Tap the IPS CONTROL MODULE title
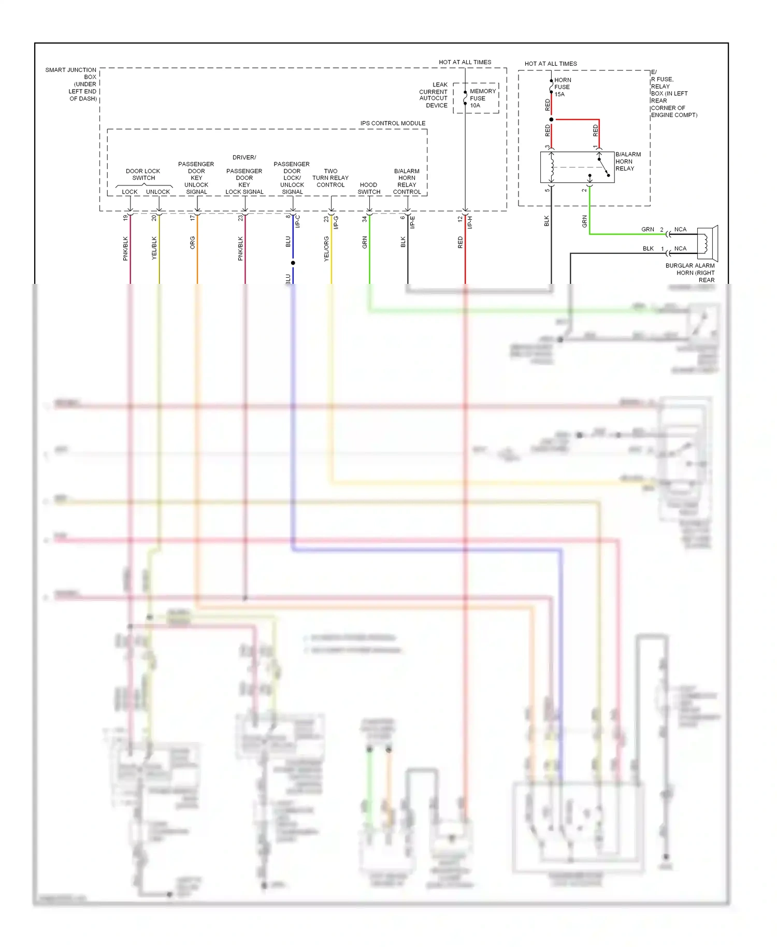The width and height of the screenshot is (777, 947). pyautogui.click(x=393, y=123)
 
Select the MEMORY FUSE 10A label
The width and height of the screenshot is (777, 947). pyautogui.click(x=482, y=98)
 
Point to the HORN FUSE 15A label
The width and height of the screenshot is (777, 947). pyautogui.click(x=563, y=87)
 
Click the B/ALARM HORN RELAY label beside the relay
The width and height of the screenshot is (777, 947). pyautogui.click(x=628, y=161)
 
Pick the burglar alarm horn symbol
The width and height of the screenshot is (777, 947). pyautogui.click(x=707, y=243)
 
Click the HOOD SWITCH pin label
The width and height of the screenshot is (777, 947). pyautogui.click(x=369, y=188)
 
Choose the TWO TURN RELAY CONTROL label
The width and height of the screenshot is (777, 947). pyautogui.click(x=330, y=178)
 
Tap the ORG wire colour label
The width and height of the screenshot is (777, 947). pyautogui.click(x=193, y=242)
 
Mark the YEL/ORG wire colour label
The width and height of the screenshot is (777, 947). pyautogui.click(x=326, y=249)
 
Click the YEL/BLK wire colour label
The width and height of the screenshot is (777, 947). pyautogui.click(x=154, y=248)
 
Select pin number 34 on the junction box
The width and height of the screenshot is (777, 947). pyautogui.click(x=365, y=219)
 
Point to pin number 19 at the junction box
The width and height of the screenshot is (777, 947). pyautogui.click(x=125, y=218)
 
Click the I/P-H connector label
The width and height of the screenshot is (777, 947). pyautogui.click(x=470, y=222)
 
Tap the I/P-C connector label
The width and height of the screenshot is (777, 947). pyautogui.click(x=298, y=222)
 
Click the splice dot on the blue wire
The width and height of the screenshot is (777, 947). pyautogui.click(x=293, y=263)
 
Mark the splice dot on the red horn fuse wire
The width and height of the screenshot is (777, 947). pyautogui.click(x=551, y=120)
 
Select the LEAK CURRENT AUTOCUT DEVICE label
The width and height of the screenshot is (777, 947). pyautogui.click(x=434, y=95)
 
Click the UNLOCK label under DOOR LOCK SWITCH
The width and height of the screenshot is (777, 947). pyautogui.click(x=158, y=192)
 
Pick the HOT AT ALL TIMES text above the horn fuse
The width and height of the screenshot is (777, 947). pyautogui.click(x=551, y=64)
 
